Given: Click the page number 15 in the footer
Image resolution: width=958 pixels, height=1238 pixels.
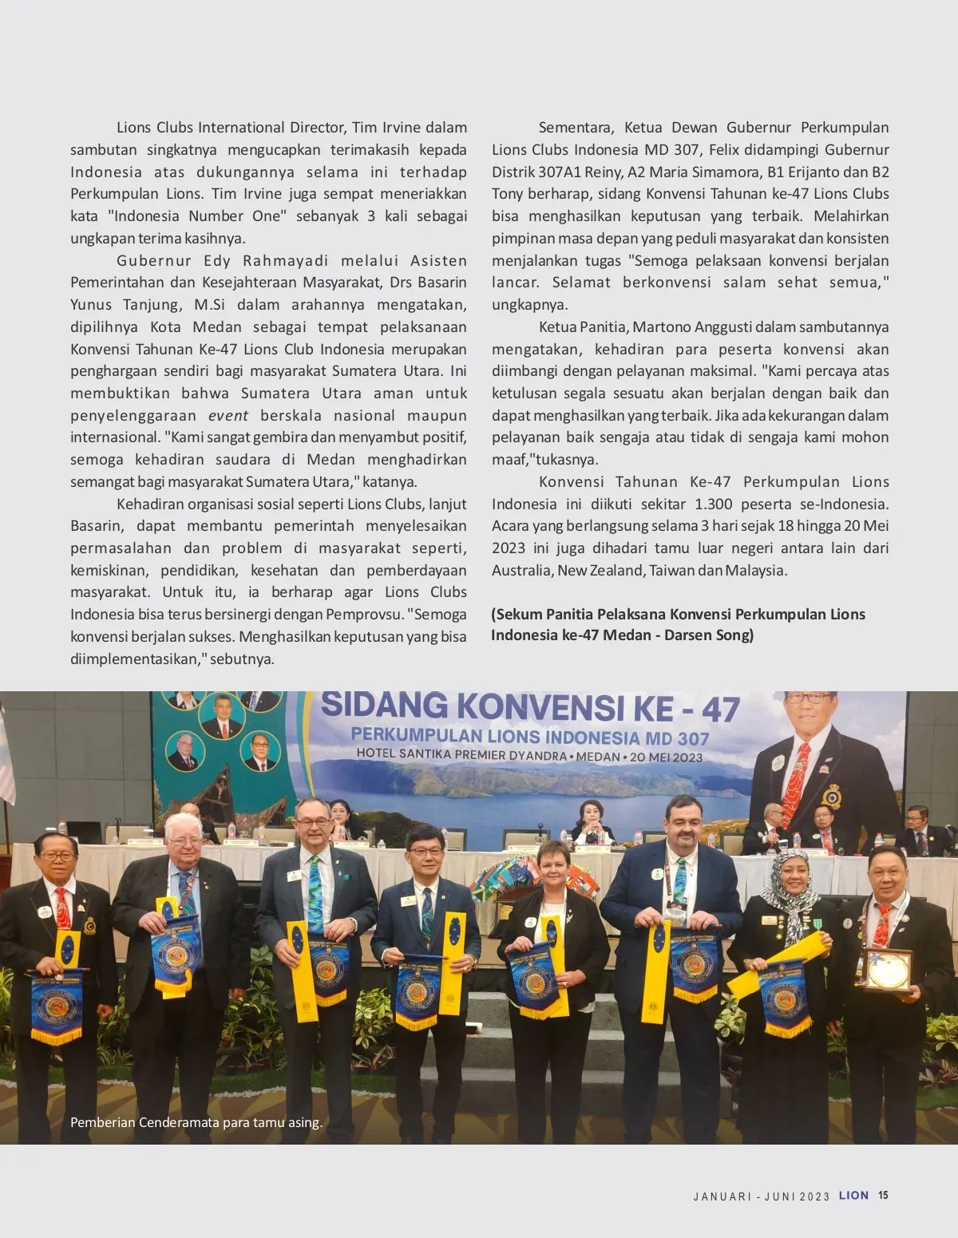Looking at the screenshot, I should click(883, 1195).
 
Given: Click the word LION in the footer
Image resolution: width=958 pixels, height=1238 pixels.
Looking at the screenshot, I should click(853, 1195).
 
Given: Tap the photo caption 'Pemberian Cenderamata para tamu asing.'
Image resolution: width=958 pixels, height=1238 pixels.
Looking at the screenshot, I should click(196, 1122).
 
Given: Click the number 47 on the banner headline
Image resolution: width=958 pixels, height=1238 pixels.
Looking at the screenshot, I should click(720, 710).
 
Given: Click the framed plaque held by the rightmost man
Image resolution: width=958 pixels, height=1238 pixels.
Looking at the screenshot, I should click(886, 971).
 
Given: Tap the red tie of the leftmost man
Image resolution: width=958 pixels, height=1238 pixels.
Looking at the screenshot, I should click(62, 908).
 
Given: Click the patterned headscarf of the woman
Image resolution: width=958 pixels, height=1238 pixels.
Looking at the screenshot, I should click(785, 888).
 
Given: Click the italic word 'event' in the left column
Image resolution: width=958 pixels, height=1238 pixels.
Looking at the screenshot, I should click(228, 415).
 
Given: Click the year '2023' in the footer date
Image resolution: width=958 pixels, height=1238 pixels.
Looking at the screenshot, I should click(814, 1196).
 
